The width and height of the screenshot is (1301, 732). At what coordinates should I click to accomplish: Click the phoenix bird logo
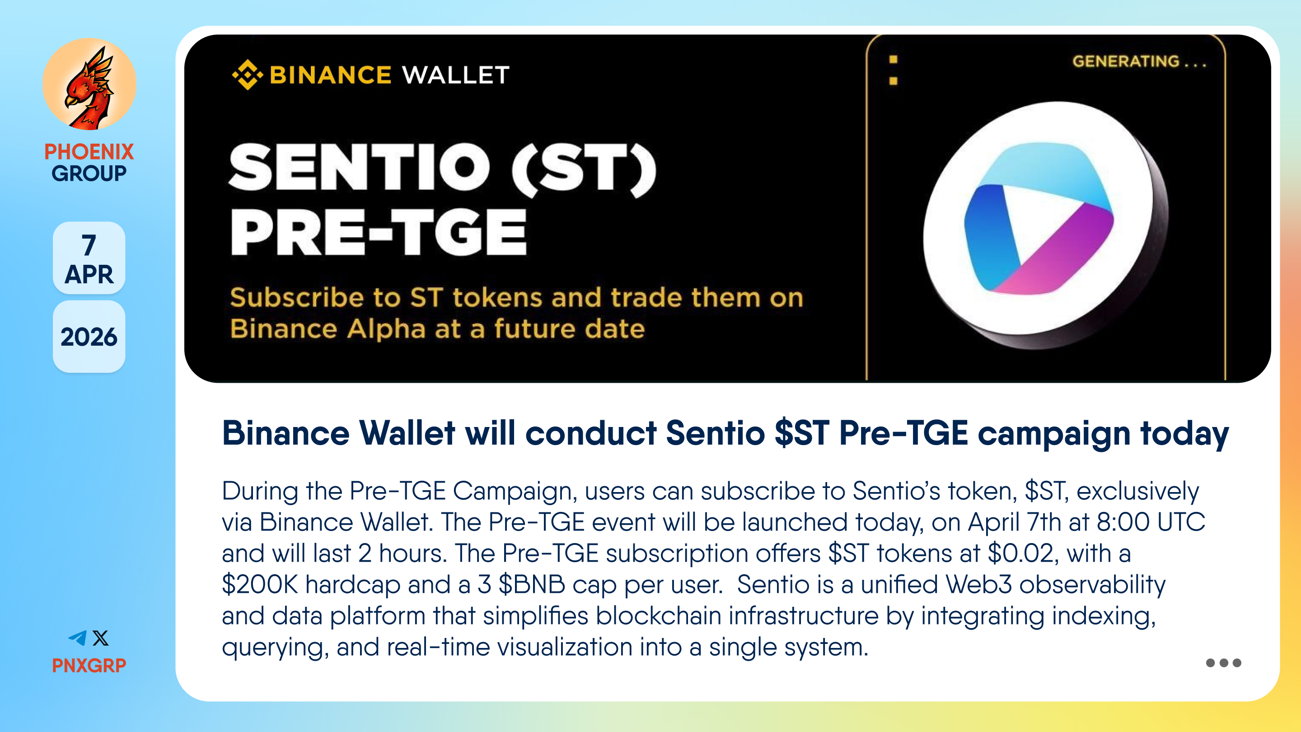coord(89,84)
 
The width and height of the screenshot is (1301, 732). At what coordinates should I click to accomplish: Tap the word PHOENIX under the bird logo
coord(89,151)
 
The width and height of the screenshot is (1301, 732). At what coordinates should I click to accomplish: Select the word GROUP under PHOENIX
coord(89,173)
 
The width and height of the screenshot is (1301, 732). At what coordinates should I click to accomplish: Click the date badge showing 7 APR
coord(89,258)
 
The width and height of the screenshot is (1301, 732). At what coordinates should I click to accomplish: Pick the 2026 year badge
coord(89,337)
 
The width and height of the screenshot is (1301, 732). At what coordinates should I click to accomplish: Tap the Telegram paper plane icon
coord(78,638)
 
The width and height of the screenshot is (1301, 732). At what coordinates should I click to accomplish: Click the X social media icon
coord(100,638)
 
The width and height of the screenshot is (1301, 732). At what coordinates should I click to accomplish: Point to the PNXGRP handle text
coord(89,665)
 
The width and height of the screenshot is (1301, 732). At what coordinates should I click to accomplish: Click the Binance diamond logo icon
coord(247,75)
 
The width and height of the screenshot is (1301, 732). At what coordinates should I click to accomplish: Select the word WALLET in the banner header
coord(455,75)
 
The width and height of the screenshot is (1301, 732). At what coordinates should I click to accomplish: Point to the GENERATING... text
coord(1139,61)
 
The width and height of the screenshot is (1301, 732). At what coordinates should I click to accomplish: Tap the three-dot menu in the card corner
coord(1223,663)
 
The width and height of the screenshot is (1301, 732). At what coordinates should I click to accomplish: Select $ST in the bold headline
coord(801,433)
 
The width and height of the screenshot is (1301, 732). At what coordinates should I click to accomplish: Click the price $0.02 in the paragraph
coord(1020,553)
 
